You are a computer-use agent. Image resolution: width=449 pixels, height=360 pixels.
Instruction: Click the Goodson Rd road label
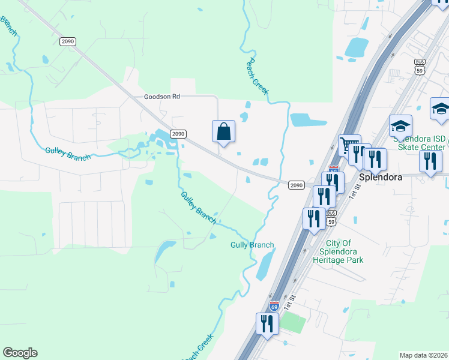[x=161, y=96]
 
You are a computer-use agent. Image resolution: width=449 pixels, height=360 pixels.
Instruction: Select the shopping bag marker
[x=223, y=132]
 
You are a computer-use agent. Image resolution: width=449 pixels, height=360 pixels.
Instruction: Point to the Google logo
[x=20, y=353]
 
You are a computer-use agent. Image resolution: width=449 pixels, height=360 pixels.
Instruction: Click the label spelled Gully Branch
[x=252, y=245]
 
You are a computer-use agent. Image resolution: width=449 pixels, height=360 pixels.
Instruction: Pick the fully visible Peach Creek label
[x=258, y=77]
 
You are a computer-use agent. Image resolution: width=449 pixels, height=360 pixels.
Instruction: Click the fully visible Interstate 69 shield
[x=274, y=306]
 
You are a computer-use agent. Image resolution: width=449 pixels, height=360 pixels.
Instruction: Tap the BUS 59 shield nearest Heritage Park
[x=331, y=218]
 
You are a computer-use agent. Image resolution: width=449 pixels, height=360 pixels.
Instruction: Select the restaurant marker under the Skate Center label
[x=430, y=162]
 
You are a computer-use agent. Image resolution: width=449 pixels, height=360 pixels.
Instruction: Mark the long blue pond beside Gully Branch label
[x=264, y=265]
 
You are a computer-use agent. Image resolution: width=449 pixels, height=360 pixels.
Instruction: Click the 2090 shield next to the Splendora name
[x=296, y=185]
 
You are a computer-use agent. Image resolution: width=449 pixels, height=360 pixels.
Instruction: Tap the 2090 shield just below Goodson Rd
[x=178, y=134]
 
